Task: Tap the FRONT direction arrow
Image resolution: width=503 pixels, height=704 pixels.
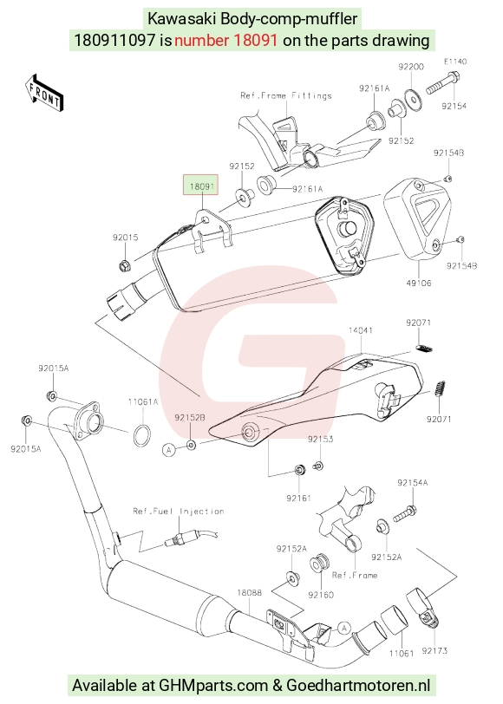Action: [x=44, y=93]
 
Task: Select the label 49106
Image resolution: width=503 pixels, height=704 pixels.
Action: [x=419, y=283]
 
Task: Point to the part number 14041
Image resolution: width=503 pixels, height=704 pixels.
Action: [x=360, y=330]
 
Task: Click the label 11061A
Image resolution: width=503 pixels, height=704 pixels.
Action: [x=143, y=401]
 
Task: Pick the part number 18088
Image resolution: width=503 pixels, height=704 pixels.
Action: [x=249, y=593]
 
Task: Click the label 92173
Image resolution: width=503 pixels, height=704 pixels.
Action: [x=434, y=650]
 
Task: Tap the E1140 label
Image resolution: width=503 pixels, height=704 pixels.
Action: [x=455, y=62]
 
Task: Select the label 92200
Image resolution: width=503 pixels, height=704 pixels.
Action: [x=411, y=67]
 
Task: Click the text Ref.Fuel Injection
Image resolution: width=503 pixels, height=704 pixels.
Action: [x=179, y=511]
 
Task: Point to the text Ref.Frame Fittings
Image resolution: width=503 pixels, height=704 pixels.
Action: [x=286, y=95]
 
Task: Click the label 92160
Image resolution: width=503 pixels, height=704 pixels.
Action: [x=321, y=595]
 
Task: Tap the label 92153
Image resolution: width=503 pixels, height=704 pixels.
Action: [x=320, y=439]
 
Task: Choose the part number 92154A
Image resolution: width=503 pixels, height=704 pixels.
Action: [x=412, y=483]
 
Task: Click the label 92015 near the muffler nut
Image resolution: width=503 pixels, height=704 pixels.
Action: [x=125, y=238]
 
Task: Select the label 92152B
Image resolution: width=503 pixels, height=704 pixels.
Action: [x=190, y=418]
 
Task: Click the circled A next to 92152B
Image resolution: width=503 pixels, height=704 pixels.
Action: [x=169, y=449]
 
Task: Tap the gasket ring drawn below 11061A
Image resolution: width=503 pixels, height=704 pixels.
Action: [x=142, y=435]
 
